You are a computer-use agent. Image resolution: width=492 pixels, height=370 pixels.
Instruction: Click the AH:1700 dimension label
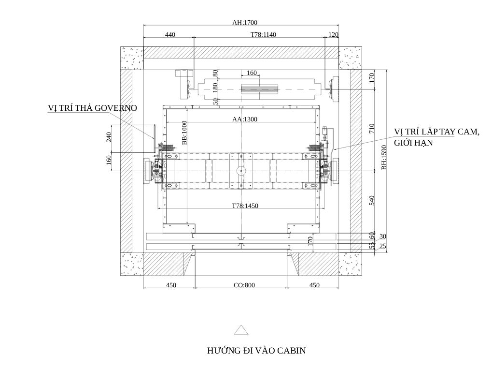pyautogui.click(x=245, y=22)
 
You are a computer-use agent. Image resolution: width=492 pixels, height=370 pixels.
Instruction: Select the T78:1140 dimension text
pyautogui.click(x=263, y=34)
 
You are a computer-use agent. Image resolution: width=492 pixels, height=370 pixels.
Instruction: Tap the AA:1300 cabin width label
pyautogui.click(x=245, y=119)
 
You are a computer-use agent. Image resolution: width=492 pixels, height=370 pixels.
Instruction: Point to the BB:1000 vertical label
pyautogui.click(x=184, y=133)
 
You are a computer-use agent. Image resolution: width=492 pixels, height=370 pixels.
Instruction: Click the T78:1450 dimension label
pyautogui.click(x=245, y=206)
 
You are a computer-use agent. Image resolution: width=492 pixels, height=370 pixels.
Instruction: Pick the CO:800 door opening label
pyautogui.click(x=244, y=285)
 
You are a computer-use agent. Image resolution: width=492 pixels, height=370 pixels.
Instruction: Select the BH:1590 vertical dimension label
pyautogui.click(x=384, y=157)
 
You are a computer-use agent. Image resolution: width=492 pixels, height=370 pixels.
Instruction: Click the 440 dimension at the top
pyautogui.click(x=170, y=34)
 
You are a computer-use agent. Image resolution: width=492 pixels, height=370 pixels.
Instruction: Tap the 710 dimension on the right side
pyautogui.click(x=372, y=128)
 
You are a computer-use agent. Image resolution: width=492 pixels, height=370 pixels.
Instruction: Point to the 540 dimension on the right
pyautogui.click(x=372, y=200)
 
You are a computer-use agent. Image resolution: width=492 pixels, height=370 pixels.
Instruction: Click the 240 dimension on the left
pyautogui.click(x=109, y=137)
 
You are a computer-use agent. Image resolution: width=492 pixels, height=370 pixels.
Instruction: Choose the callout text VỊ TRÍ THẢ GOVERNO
pyautogui.click(x=92, y=108)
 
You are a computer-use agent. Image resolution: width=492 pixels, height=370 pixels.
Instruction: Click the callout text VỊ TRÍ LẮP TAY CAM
pyautogui.click(x=436, y=132)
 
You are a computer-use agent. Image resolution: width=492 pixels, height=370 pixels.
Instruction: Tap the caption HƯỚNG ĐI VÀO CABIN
pyautogui.click(x=256, y=350)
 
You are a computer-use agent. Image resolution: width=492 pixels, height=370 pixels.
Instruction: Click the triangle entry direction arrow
pyautogui.click(x=241, y=330)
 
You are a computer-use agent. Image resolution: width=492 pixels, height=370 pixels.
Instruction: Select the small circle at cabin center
pyautogui.click(x=241, y=170)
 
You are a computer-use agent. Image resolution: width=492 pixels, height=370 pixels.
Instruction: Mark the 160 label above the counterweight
pyautogui.click(x=252, y=73)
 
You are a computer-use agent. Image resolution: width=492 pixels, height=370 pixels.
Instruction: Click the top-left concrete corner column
pyautogui.click(x=132, y=58)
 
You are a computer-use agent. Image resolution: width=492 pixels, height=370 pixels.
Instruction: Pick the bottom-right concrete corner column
pyautogui.click(x=350, y=264)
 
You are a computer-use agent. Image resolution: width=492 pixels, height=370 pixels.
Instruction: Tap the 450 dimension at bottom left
pyautogui.click(x=171, y=285)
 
